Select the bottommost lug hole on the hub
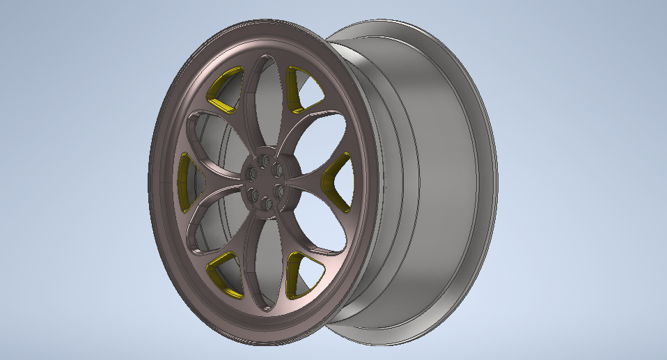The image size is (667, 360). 266,205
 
